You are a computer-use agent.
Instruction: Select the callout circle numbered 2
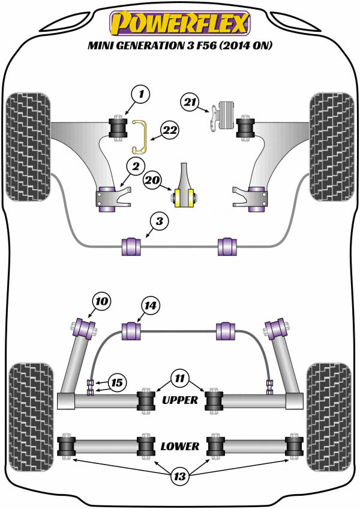click(x=135, y=167)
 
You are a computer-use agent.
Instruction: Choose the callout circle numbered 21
click(x=190, y=103)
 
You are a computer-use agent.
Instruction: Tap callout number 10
click(x=102, y=301)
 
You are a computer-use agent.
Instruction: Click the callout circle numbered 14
click(x=150, y=307)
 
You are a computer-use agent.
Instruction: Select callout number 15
click(x=117, y=382)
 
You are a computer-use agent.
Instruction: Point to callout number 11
click(x=178, y=378)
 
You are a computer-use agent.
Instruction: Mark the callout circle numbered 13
click(x=179, y=477)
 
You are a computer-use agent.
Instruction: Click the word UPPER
click(x=179, y=399)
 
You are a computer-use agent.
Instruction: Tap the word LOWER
click(x=179, y=446)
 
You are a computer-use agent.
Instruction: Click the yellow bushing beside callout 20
click(x=185, y=197)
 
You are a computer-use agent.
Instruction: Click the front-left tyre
click(x=28, y=147)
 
